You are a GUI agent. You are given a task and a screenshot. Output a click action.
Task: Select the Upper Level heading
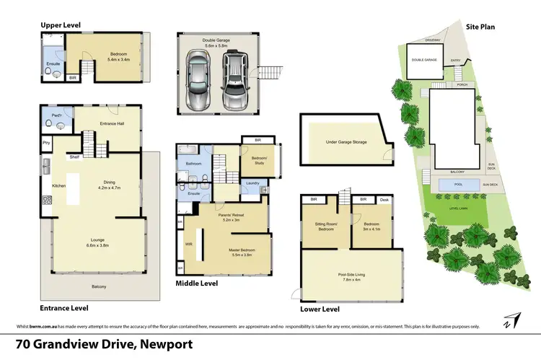click(60, 25)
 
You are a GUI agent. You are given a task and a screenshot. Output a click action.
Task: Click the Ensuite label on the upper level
click(52, 63)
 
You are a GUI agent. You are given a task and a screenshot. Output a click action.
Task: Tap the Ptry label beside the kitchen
click(46, 143)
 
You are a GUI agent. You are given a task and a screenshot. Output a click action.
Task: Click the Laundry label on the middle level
click(252, 183)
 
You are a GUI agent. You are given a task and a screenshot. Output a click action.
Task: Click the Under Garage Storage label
click(346, 142)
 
